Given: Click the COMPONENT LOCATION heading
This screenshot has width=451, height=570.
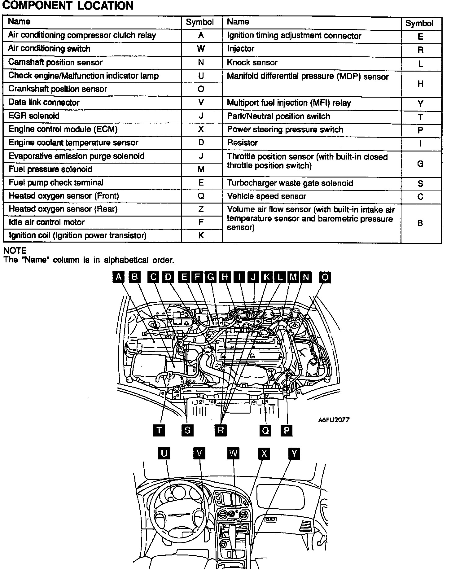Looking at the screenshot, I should click(x=68, y=6).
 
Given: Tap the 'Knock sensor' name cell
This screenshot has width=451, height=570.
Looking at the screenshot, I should click(x=252, y=63).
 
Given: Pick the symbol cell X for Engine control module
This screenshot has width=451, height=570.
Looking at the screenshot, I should click(x=201, y=129).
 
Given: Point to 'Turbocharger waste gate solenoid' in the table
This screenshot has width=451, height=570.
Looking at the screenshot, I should click(x=290, y=183).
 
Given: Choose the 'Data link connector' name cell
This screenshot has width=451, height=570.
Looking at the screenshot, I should click(x=44, y=102).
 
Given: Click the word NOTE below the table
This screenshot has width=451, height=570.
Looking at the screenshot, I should click(x=15, y=251).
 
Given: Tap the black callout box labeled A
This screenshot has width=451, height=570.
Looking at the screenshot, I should click(x=118, y=277).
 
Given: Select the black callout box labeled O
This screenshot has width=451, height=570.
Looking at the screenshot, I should click(x=325, y=277).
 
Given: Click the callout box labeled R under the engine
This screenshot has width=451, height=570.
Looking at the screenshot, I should click(x=221, y=430).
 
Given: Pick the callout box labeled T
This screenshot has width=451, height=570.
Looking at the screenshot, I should click(x=159, y=430).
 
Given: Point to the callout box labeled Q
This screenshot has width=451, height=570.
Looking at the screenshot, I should click(x=265, y=430).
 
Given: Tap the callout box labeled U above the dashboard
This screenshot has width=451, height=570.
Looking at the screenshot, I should click(x=164, y=454).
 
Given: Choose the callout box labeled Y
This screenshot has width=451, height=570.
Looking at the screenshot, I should click(x=294, y=454).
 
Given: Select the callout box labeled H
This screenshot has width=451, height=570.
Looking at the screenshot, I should click(x=225, y=277).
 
